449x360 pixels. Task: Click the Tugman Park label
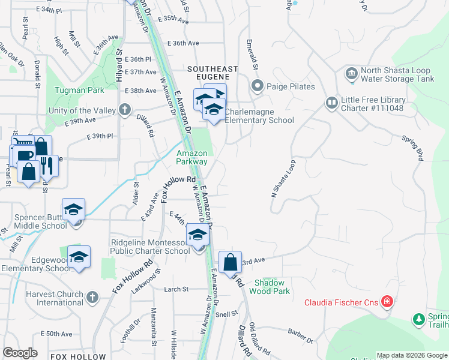[79, 90]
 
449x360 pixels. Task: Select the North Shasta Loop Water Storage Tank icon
[352, 74]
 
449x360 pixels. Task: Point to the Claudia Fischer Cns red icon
[387, 302]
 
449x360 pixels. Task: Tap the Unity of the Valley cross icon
[125, 109]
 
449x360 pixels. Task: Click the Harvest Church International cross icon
[92, 297]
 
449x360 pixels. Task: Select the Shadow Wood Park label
[272, 287]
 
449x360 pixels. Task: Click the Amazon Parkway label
[191, 157]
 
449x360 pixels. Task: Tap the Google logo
[20, 353]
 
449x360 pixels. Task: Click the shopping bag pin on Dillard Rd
[230, 262]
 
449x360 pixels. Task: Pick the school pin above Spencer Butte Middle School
[74, 209]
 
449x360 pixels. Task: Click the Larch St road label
[176, 289]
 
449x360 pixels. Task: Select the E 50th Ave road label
[56, 334]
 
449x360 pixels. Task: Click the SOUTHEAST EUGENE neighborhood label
[212, 73]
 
